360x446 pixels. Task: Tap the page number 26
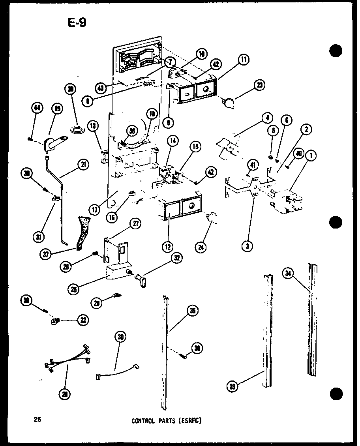tap(38, 420)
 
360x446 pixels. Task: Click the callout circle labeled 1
tap(312, 156)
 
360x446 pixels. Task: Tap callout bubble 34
tap(289, 273)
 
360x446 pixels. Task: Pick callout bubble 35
tap(192, 311)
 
